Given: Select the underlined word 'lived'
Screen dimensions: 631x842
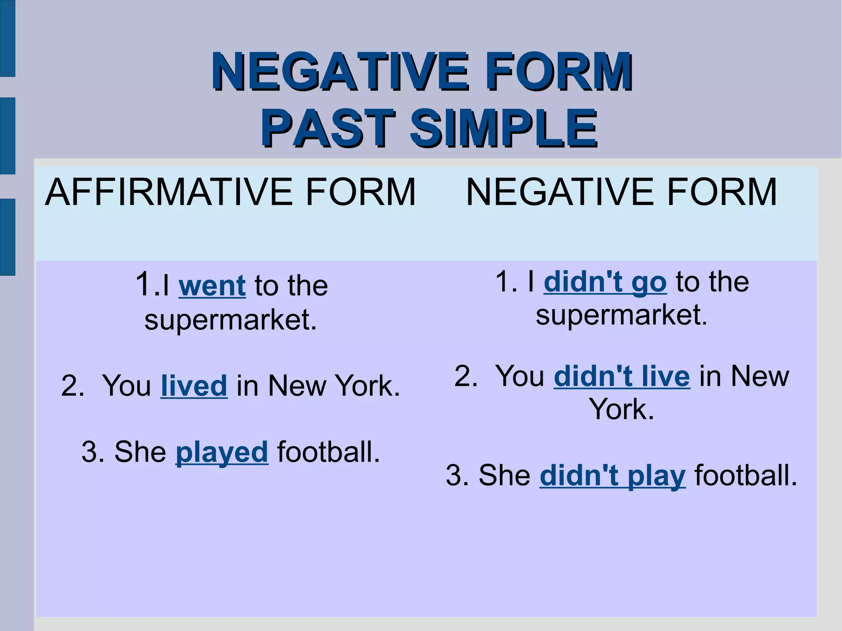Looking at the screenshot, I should [x=194, y=386].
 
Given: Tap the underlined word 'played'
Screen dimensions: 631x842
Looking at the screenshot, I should [x=222, y=452].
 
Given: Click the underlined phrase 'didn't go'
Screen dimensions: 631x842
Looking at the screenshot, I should [x=605, y=282].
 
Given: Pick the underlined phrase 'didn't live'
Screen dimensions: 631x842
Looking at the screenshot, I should [x=622, y=376].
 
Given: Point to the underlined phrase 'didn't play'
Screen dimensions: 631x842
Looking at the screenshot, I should [x=613, y=476].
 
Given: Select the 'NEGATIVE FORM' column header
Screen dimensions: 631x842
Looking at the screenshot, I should [x=621, y=192].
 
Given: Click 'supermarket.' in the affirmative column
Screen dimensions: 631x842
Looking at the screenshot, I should [x=231, y=320].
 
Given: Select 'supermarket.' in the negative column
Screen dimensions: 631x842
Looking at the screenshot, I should [x=622, y=315].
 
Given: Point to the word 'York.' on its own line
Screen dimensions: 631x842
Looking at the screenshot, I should [x=621, y=409].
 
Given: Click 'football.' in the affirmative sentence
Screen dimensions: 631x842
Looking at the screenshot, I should [x=328, y=452].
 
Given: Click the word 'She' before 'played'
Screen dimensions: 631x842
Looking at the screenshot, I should [x=140, y=452].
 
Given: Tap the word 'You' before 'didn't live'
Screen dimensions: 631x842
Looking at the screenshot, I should [x=520, y=376].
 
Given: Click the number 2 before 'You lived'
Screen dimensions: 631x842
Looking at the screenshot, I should [x=72, y=386].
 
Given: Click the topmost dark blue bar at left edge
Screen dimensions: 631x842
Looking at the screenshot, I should [x=7, y=38].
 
